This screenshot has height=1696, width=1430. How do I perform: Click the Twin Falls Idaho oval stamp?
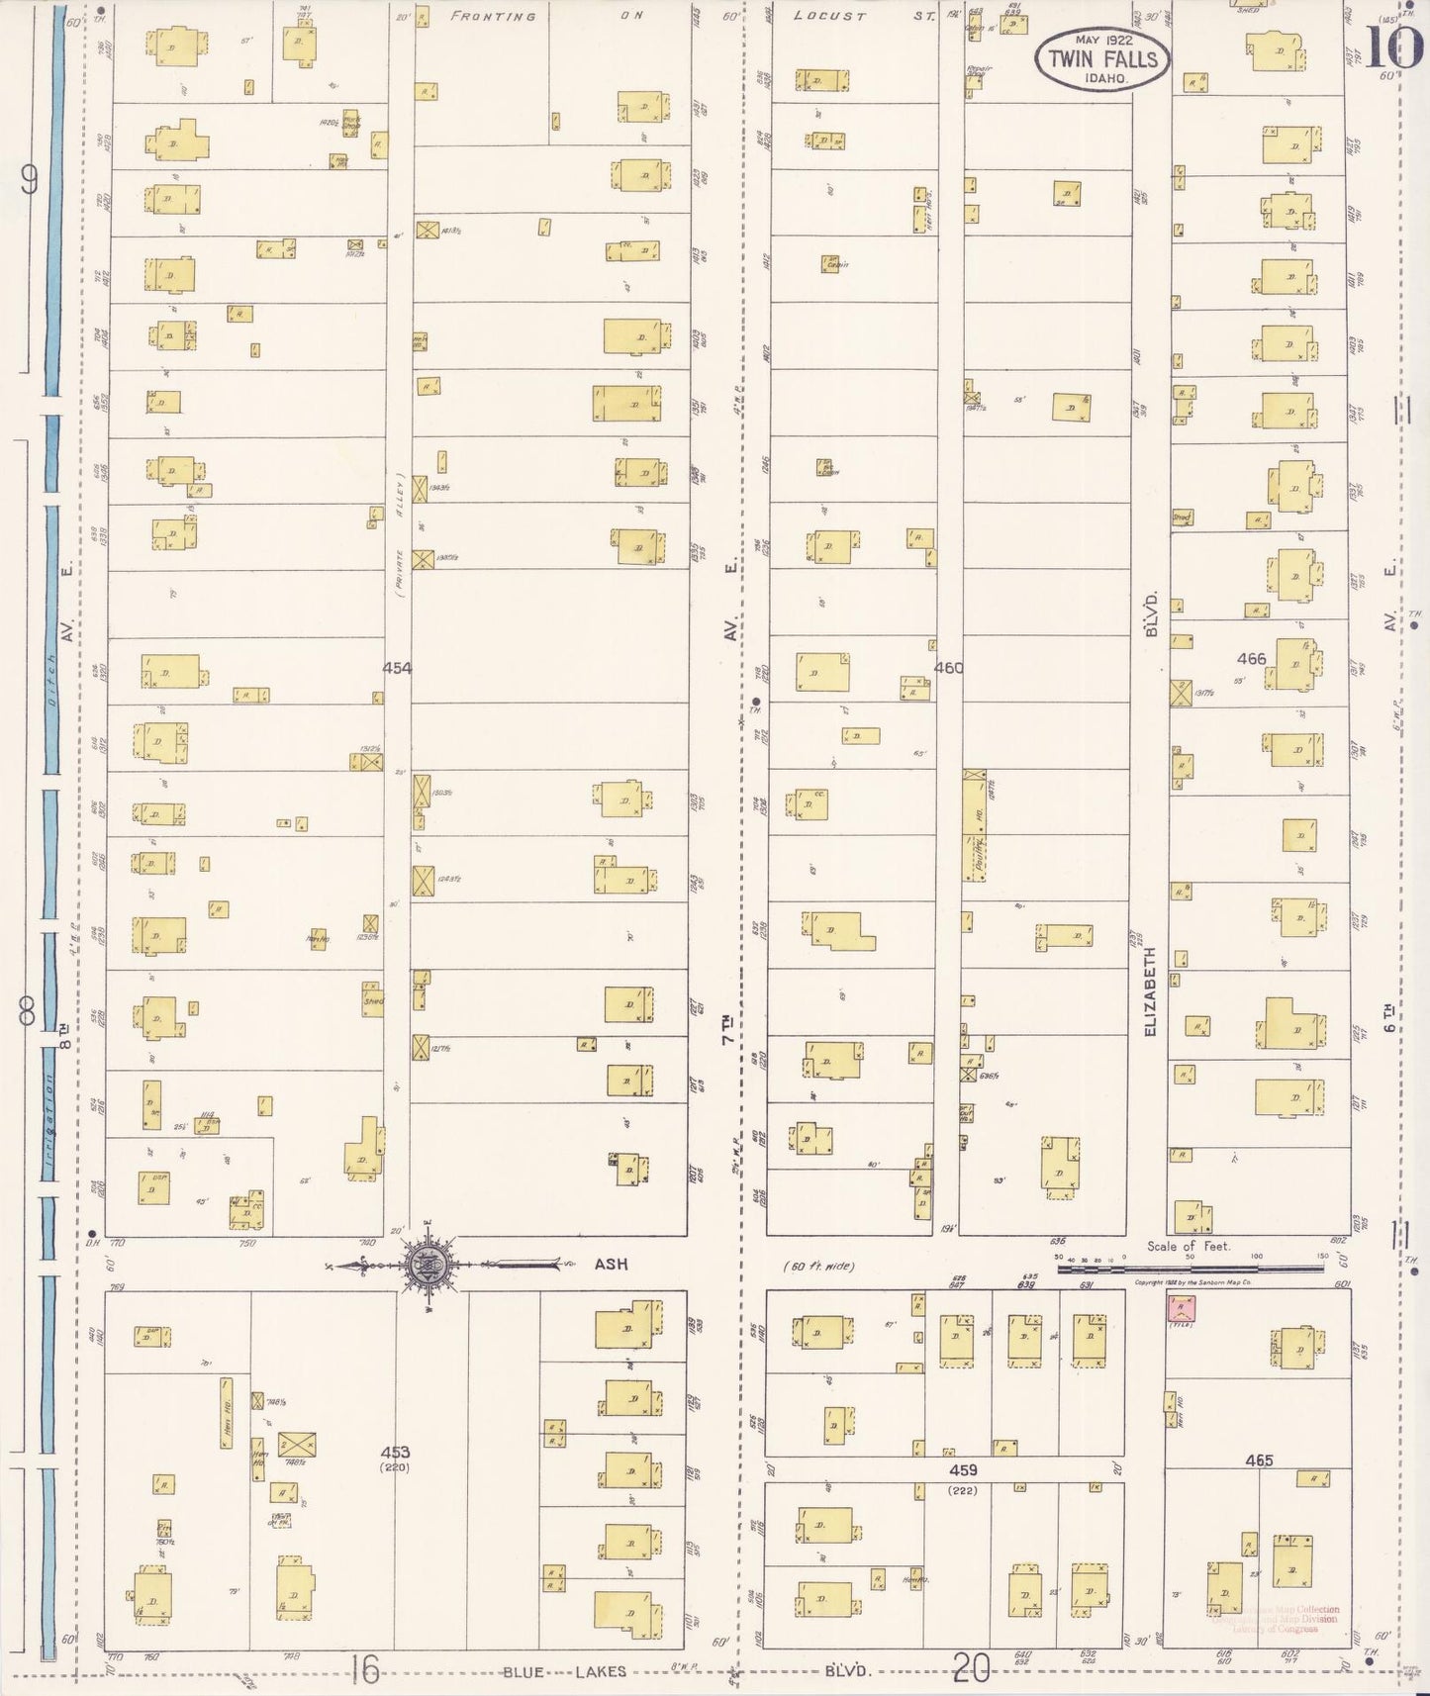(1101, 58)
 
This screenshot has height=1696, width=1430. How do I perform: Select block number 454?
(397, 668)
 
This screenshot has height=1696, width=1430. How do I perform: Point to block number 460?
(948, 668)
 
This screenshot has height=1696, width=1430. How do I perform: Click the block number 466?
(1251, 658)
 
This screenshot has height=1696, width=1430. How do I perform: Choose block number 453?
(395, 1452)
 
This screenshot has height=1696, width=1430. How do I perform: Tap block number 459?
(962, 1470)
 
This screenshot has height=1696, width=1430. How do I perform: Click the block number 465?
(1259, 1460)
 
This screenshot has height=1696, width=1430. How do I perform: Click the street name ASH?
(611, 1264)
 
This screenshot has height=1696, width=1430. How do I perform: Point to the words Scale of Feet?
(1189, 1246)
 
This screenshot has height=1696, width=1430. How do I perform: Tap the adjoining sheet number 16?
(365, 1671)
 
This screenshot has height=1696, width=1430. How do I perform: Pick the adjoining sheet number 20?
(971, 1671)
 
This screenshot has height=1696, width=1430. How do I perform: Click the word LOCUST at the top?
(830, 17)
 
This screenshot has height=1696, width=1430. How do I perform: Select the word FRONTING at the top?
(493, 17)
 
